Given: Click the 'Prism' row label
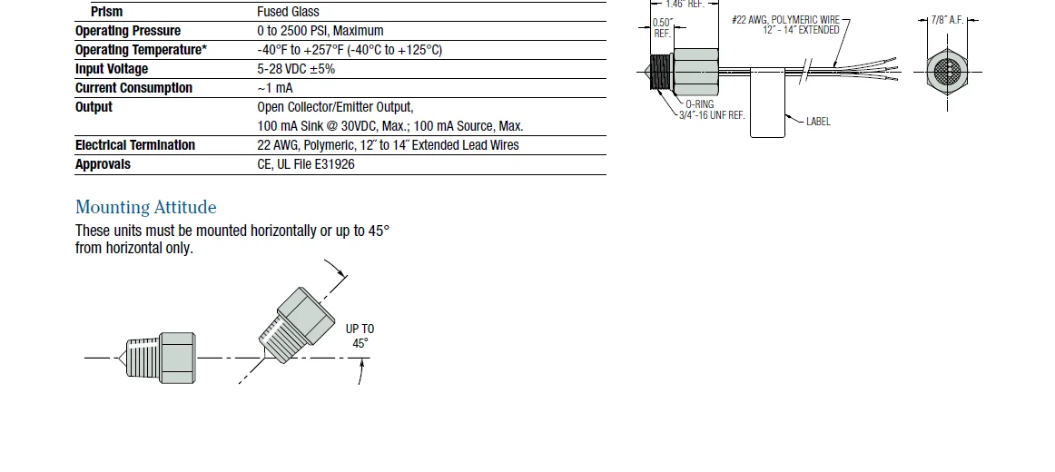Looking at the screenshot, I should click(x=106, y=12).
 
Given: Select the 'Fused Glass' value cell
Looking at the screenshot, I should click(x=288, y=12).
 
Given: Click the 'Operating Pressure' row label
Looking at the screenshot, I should click(x=127, y=31).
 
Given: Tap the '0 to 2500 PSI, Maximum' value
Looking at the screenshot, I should click(x=320, y=31).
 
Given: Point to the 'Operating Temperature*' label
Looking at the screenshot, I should click(x=141, y=50).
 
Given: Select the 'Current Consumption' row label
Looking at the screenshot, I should click(x=133, y=88).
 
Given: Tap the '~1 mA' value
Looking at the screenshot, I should click(x=275, y=88).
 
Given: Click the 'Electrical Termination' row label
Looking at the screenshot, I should click(x=134, y=145).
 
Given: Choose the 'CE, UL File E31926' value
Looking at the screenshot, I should click(x=306, y=164).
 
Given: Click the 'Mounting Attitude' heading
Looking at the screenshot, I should click(x=145, y=207).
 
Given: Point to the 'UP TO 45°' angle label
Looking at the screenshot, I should click(x=360, y=336).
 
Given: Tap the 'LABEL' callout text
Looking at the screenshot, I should click(x=818, y=122).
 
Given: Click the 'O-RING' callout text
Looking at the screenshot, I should click(x=699, y=104).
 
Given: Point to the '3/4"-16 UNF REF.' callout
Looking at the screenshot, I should click(x=712, y=115).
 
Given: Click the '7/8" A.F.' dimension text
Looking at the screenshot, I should click(x=947, y=20).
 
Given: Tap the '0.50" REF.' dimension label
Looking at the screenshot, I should click(x=663, y=27).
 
